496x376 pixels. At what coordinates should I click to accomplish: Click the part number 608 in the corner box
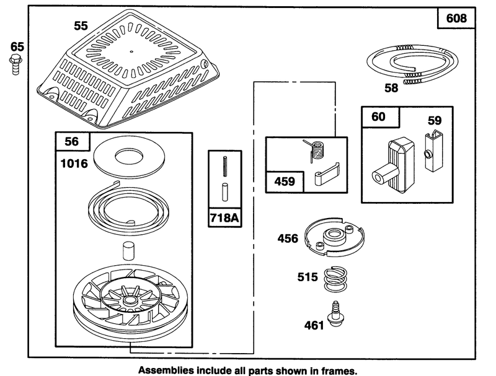pyautogui.click(x=456, y=18)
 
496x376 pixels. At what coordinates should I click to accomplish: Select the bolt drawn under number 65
pyautogui.click(x=15, y=64)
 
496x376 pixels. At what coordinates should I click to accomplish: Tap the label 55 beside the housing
pyautogui.click(x=81, y=25)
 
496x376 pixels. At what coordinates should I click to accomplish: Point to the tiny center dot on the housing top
pyautogui.click(x=131, y=51)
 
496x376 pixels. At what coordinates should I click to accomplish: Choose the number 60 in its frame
pyautogui.click(x=378, y=116)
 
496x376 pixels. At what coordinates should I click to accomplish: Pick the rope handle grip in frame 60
pyautogui.click(x=393, y=166)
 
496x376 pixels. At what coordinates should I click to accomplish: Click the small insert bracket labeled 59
pyautogui.click(x=433, y=151)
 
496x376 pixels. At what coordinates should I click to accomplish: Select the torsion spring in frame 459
pyautogui.click(x=314, y=150)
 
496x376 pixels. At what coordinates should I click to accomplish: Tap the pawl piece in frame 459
pyautogui.click(x=327, y=174)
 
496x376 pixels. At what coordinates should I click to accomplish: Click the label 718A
pyautogui.click(x=224, y=217)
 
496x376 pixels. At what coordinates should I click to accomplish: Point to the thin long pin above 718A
pyautogui.click(x=224, y=167)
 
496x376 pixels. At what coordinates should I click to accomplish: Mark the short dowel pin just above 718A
pyautogui.click(x=225, y=192)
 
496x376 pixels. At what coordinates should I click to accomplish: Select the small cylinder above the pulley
pyautogui.click(x=128, y=251)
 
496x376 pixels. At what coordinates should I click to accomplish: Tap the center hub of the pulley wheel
pyautogui.click(x=129, y=300)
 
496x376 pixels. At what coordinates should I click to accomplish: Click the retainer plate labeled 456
pyautogui.click(x=334, y=236)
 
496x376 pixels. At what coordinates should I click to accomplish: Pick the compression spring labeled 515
pyautogui.click(x=335, y=279)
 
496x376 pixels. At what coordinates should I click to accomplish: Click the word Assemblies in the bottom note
pyautogui.click(x=166, y=370)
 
